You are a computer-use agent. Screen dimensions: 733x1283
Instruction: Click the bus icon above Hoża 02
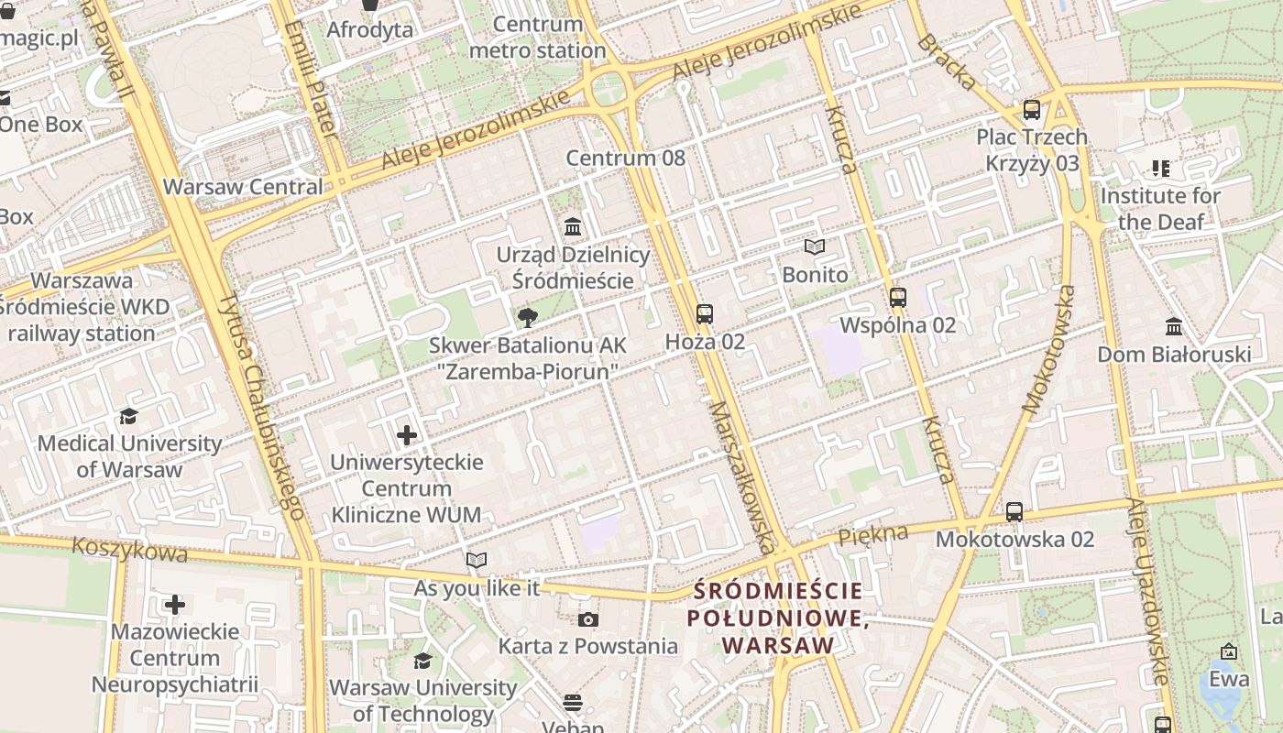pos(704,314)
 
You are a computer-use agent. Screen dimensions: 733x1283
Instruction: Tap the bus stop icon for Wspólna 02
pos(898,298)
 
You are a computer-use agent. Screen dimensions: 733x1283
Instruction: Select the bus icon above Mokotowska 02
pos(1014,512)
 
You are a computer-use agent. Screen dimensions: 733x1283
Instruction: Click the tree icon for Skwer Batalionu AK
pos(527,318)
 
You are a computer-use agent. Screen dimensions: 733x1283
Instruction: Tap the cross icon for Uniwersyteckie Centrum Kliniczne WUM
pos(407,435)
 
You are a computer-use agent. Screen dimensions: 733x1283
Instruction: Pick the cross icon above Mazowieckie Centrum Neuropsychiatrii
pos(175,605)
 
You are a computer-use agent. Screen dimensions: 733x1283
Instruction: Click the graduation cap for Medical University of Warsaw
pos(129,417)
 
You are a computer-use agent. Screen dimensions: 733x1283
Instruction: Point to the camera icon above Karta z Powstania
pos(588,619)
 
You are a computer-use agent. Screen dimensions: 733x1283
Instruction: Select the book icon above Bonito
pos(815,246)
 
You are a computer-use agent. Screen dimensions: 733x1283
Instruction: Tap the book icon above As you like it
pos(477,560)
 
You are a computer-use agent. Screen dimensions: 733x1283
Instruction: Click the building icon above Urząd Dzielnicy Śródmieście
pos(573,226)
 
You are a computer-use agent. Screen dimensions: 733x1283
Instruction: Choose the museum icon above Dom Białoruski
pos(1174,327)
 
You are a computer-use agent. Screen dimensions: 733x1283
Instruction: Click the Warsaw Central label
pos(243,187)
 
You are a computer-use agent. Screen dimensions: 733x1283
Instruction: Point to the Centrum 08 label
pos(625,158)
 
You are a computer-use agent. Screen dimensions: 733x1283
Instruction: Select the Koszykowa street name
pos(130,551)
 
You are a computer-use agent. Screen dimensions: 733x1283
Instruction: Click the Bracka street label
pos(947,61)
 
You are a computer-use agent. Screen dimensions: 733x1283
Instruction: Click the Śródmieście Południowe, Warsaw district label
pos(778,618)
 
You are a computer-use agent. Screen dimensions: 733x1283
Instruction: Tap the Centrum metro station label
pos(537,38)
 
